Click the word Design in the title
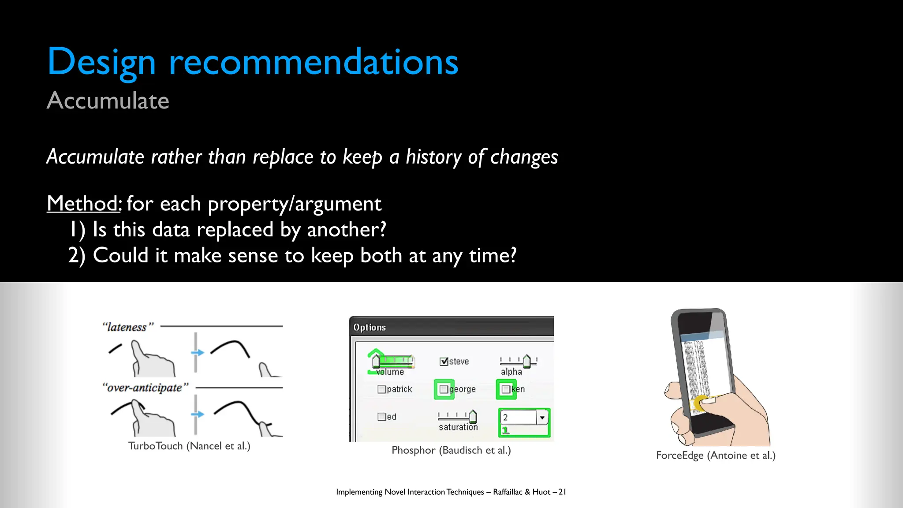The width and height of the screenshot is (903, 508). (101, 63)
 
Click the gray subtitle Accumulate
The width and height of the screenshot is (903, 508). (108, 101)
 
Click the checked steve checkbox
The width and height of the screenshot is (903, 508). (444, 362)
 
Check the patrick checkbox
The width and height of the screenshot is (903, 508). (381, 389)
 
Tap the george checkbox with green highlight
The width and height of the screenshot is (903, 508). (444, 389)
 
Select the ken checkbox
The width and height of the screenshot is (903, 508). (506, 389)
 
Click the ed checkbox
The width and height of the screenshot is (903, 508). (381, 417)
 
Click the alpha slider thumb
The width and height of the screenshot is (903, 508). (526, 361)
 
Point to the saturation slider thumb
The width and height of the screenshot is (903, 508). (473, 416)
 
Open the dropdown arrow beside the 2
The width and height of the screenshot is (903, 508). (542, 417)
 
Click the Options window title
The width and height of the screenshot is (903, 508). (369, 327)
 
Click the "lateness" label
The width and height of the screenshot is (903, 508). (128, 327)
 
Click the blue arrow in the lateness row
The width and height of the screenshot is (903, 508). (198, 352)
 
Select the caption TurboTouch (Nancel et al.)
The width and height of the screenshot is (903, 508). (189, 446)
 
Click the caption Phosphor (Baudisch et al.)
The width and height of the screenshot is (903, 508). (451, 450)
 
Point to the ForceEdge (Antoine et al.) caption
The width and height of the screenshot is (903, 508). (716, 455)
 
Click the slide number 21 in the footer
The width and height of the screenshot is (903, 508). (562, 492)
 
